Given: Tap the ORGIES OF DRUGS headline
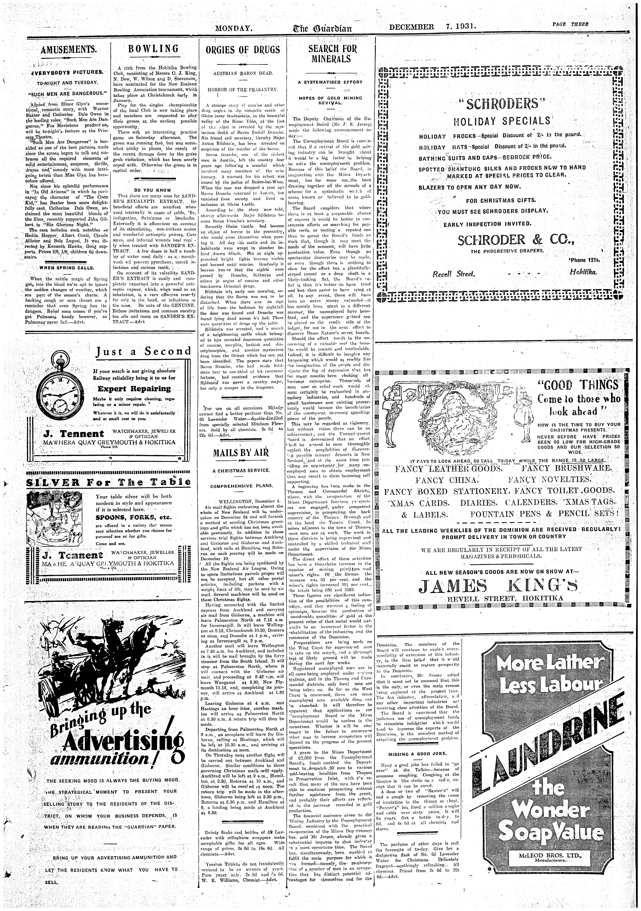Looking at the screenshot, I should click(x=243, y=50).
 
